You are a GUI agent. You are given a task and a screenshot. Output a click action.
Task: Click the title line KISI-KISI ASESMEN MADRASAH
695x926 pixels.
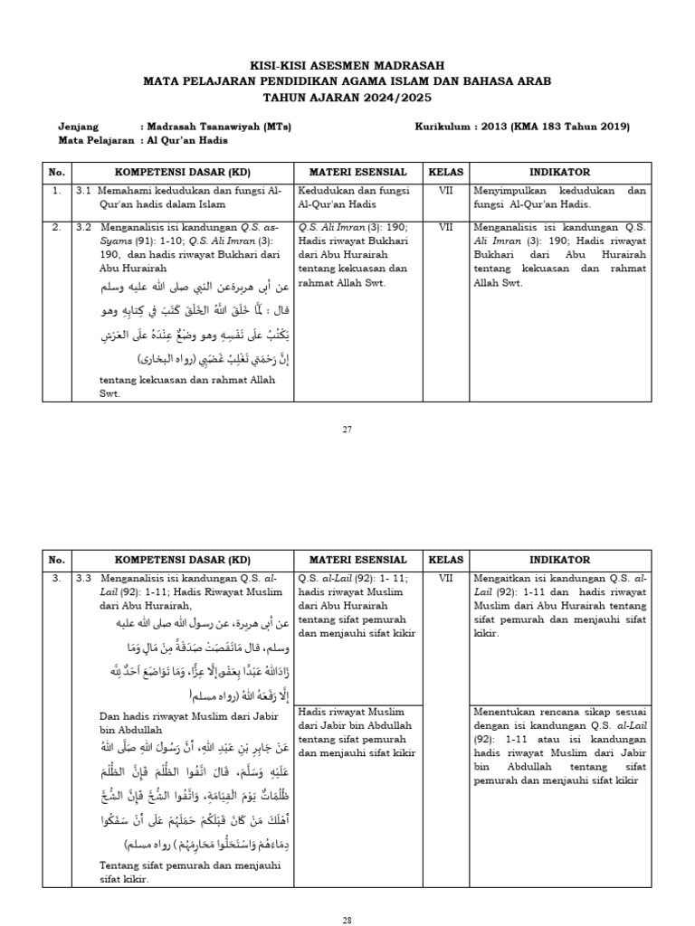point(347,66)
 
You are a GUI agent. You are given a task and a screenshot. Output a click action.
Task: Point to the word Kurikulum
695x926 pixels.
point(442,127)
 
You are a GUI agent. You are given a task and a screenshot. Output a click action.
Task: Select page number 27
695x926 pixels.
point(347,429)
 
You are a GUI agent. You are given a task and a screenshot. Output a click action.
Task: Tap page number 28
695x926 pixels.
point(347,919)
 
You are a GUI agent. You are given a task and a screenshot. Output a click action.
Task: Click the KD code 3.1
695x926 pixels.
point(84,191)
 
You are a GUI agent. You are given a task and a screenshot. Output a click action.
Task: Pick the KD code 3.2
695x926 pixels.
point(84,227)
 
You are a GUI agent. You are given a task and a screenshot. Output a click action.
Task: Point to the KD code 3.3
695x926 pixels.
point(84,577)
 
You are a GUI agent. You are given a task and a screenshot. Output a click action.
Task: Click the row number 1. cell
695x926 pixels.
point(56,191)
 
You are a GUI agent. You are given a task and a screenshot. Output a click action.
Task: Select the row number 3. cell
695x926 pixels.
point(56,577)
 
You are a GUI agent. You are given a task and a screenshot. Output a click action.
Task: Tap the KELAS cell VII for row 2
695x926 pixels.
point(445,227)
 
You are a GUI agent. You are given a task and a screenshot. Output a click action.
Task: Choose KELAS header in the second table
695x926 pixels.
point(445,560)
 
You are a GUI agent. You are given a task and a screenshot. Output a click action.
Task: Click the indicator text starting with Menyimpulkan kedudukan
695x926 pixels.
point(559,197)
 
